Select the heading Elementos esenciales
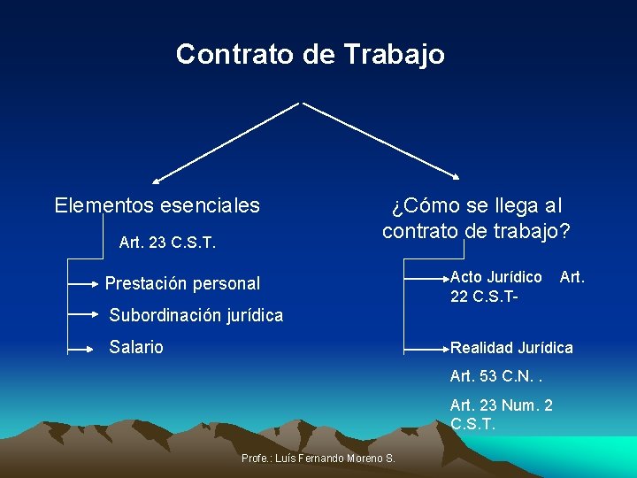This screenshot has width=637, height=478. pos(157,206)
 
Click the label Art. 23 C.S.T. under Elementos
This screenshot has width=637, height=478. pos(167,242)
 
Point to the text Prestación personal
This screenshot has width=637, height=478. pos(182,284)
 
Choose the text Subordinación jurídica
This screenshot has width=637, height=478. pos(196,315)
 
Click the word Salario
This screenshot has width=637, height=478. pos(136,347)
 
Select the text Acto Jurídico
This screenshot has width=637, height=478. pos(496,277)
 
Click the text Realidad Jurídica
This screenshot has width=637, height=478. pos(511,348)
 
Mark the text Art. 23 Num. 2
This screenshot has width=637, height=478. pos(502,405)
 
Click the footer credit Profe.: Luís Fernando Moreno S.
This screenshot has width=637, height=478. pos(318,458)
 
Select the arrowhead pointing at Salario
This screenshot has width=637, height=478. pos(97,348)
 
